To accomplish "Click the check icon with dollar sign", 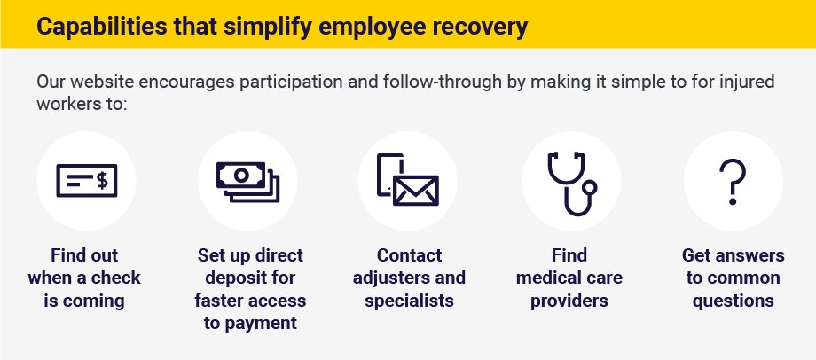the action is point(86,181).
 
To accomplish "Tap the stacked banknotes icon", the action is point(247,182).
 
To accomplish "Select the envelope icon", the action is point(416,191).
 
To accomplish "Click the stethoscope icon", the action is point(571,184).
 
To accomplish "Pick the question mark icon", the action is point(733,182).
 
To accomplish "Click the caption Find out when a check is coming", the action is point(84,278).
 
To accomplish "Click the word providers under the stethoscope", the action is point(569,301).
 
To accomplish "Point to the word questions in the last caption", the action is point(733,301).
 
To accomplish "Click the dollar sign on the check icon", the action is point(103,181).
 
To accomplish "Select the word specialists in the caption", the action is point(409,301).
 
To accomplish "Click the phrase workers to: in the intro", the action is point(82,103).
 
